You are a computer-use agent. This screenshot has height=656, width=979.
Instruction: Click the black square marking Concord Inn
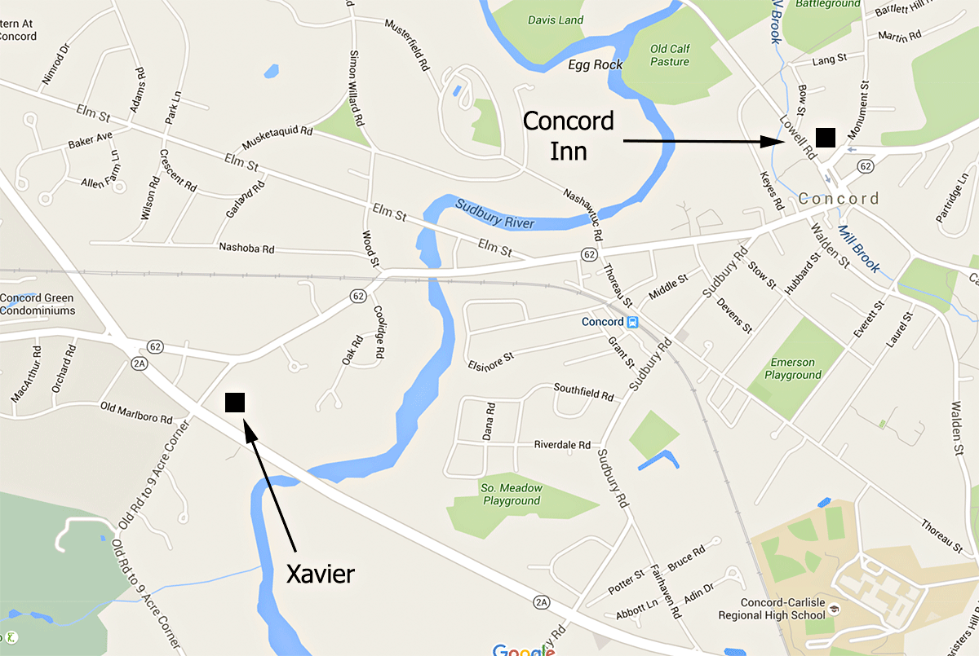point(825,137)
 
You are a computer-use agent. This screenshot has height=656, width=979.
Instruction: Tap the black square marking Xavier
point(235,402)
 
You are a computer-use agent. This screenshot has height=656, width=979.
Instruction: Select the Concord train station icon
point(632,322)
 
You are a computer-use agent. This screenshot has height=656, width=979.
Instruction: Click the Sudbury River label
point(494,213)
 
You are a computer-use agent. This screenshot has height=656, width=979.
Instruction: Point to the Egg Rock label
point(595,64)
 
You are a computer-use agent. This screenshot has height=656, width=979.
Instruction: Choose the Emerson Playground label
point(792,368)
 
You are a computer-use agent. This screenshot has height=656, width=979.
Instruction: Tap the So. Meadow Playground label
point(511,495)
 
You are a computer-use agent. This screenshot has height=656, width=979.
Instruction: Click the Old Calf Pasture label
point(670,55)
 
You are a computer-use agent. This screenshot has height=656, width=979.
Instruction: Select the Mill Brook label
point(859,249)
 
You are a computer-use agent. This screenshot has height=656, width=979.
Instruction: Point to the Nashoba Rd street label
point(246,246)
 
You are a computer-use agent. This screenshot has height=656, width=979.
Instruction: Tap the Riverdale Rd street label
point(561,446)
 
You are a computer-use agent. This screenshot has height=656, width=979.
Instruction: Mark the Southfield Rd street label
point(583,391)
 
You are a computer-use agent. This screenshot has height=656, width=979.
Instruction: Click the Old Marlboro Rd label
point(135,412)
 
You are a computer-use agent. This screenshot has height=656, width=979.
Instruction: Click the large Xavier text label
point(321,574)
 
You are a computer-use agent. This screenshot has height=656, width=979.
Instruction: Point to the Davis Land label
point(555,20)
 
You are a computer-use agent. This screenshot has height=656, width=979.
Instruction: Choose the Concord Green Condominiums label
point(38,304)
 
